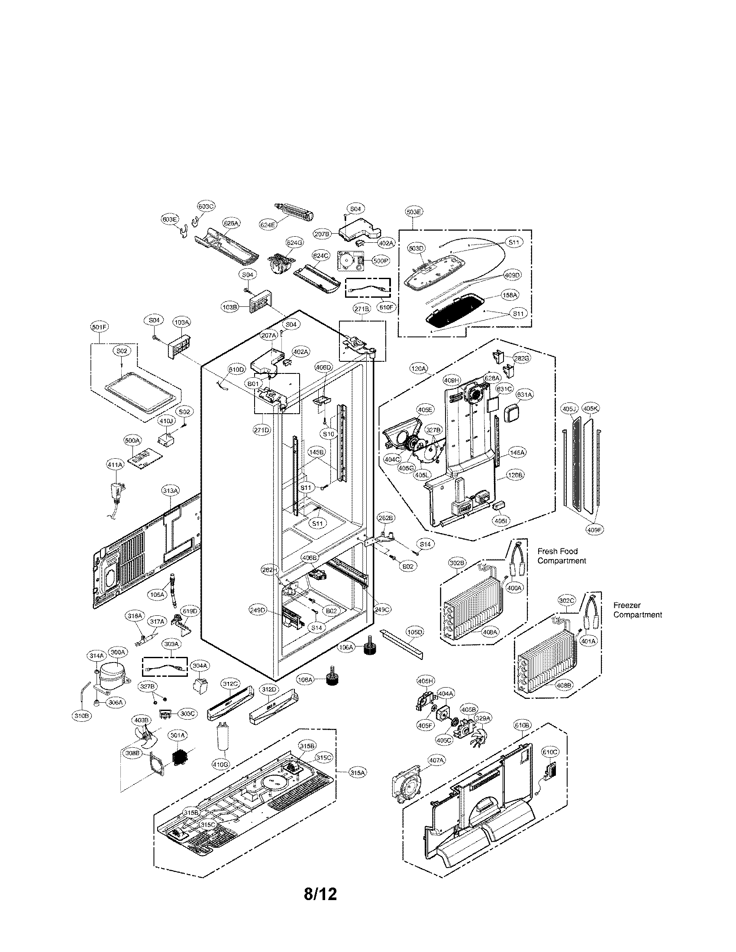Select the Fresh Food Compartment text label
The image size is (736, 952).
561,556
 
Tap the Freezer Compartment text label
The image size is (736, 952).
637,610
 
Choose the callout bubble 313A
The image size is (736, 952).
171,491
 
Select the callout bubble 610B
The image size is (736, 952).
523,725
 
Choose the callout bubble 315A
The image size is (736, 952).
358,772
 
